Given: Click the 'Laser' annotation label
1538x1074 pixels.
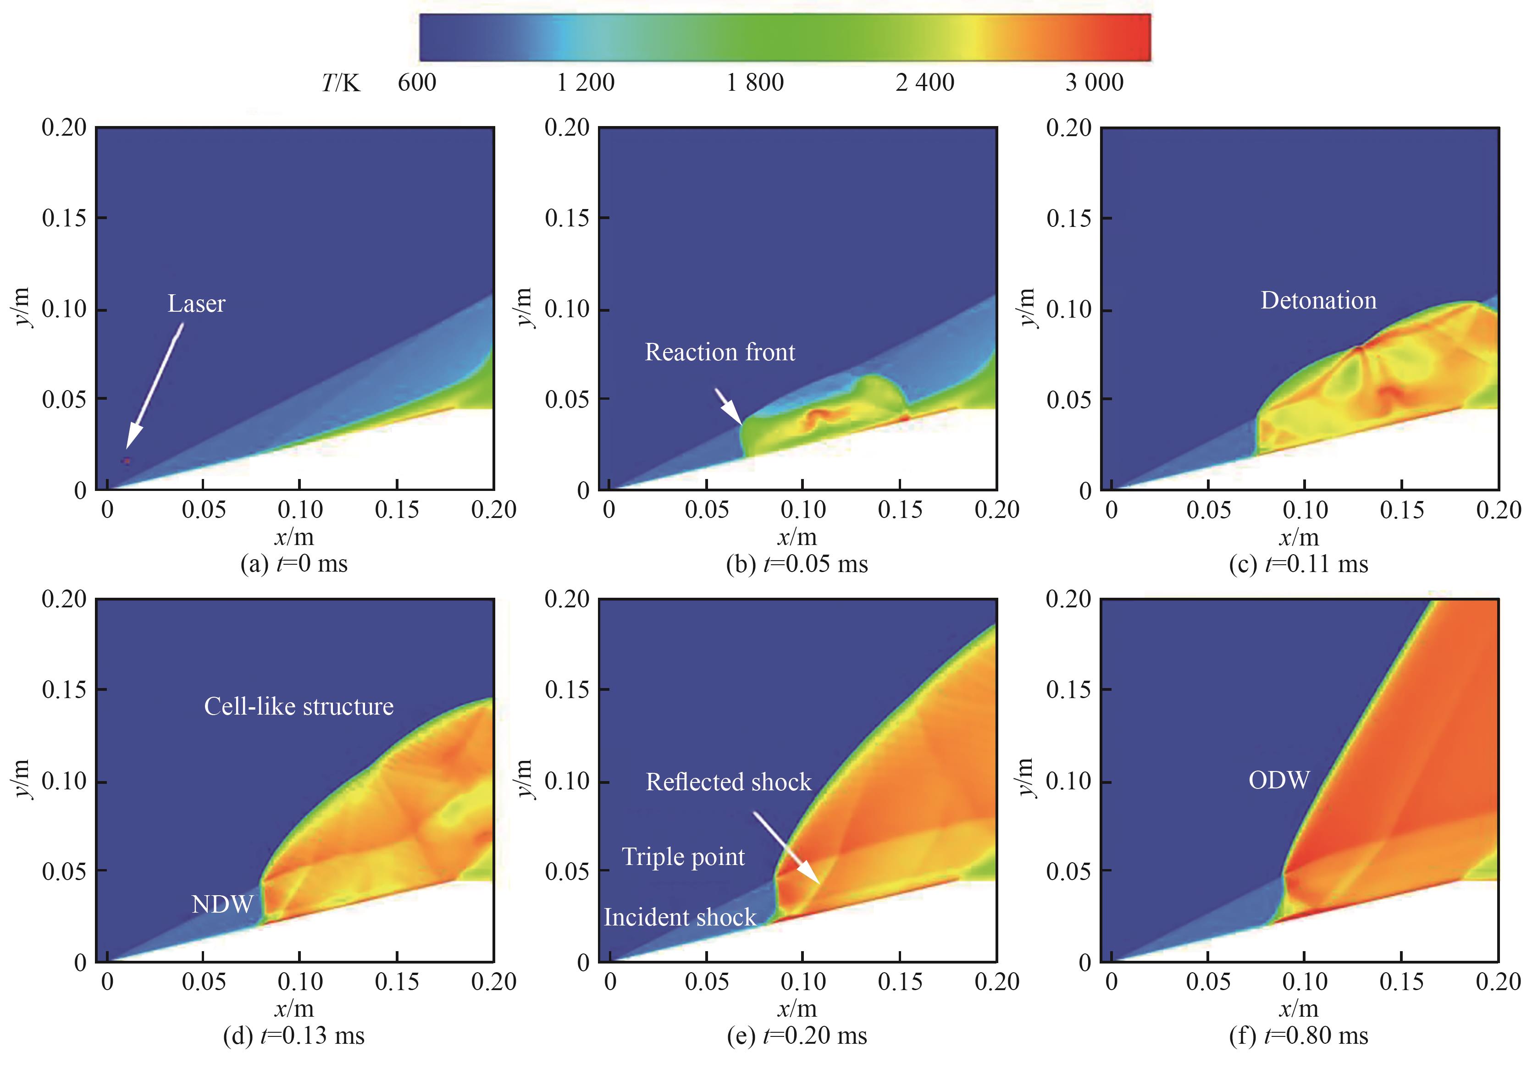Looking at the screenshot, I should pyautogui.click(x=196, y=303).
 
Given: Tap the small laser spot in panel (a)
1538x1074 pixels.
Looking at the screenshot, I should pyautogui.click(x=127, y=461).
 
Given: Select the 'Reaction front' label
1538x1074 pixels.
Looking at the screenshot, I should pyautogui.click(x=719, y=352).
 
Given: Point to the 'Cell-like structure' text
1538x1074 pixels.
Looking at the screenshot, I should pyautogui.click(x=299, y=706).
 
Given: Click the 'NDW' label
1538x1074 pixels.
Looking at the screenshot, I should pyautogui.click(x=222, y=904).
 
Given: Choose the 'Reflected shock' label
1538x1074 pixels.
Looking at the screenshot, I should pyautogui.click(x=728, y=782).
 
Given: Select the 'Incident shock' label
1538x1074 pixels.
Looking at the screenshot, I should pyautogui.click(x=679, y=917).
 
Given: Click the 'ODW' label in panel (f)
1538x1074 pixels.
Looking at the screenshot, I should pyautogui.click(x=1279, y=780).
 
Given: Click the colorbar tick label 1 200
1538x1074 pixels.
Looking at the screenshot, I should pyautogui.click(x=586, y=83).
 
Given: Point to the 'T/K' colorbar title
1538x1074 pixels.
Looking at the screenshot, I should pyautogui.click(x=340, y=83).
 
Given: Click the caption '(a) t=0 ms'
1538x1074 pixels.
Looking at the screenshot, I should pyautogui.click(x=294, y=564).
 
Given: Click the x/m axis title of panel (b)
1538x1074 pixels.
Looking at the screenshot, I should pyautogui.click(x=797, y=537).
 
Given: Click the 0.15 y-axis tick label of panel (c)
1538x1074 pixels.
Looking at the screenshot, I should pyautogui.click(x=1068, y=218).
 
